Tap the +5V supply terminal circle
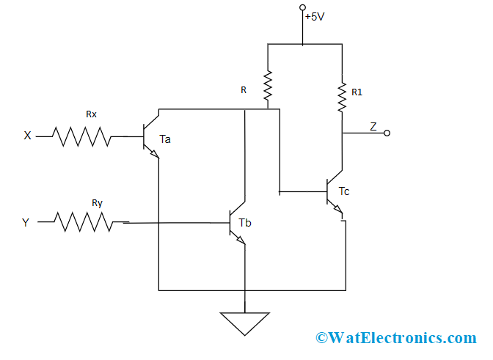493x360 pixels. coord(302,7)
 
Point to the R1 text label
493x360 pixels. coord(357,92)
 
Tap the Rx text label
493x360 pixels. coord(91,114)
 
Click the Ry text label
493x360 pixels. coord(97,202)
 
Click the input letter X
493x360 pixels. coord(28,136)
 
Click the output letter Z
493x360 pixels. coord(373,126)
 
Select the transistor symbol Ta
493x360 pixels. coord(150,136)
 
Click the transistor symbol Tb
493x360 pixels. coord(237,223)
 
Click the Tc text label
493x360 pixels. coord(344,191)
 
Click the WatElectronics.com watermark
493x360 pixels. coord(396,338)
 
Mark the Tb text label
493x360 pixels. coord(245,222)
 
